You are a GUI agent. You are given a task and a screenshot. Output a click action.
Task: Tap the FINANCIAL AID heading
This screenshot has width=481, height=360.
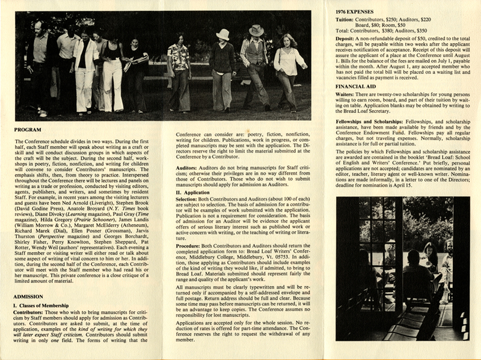click(352, 87)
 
